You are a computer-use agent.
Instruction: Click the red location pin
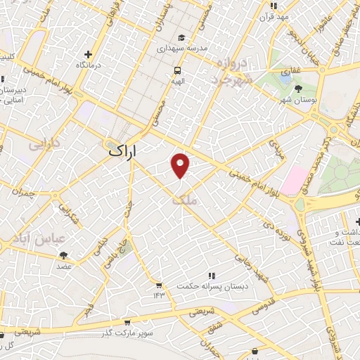[181, 165]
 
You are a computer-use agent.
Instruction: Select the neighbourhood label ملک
[187, 200]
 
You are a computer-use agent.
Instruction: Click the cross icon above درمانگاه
[88, 54]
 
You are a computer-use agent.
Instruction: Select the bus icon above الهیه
[178, 70]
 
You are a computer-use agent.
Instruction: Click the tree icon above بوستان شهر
[299, 89]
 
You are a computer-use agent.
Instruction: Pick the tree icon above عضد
[64, 256]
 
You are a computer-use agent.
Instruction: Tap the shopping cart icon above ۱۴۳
[159, 285]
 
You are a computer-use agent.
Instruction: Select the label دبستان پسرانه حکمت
[211, 287]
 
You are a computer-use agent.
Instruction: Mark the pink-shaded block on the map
[296, 179]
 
